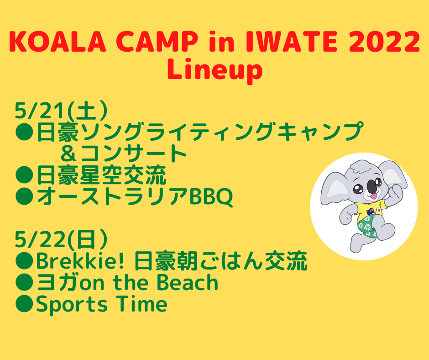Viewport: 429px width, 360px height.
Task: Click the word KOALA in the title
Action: click(x=58, y=42)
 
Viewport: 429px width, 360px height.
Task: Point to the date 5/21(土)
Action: click(x=61, y=111)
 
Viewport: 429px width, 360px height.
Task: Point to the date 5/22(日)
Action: click(x=61, y=239)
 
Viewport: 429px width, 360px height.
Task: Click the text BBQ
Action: click(x=211, y=196)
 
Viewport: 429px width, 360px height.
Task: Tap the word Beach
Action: click(x=188, y=282)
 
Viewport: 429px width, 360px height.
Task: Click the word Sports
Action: click(x=72, y=305)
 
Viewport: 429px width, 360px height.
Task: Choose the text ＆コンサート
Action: click(x=123, y=154)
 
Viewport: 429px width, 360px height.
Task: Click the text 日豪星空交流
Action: click(x=101, y=175)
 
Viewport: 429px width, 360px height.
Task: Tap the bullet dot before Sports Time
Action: click(x=24, y=304)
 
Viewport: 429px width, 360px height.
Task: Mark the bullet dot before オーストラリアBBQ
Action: click(x=24, y=196)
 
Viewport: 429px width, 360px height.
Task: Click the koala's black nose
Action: click(x=371, y=186)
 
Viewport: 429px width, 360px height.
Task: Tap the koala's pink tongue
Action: click(x=373, y=196)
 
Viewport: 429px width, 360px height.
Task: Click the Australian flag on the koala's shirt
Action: click(x=370, y=211)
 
